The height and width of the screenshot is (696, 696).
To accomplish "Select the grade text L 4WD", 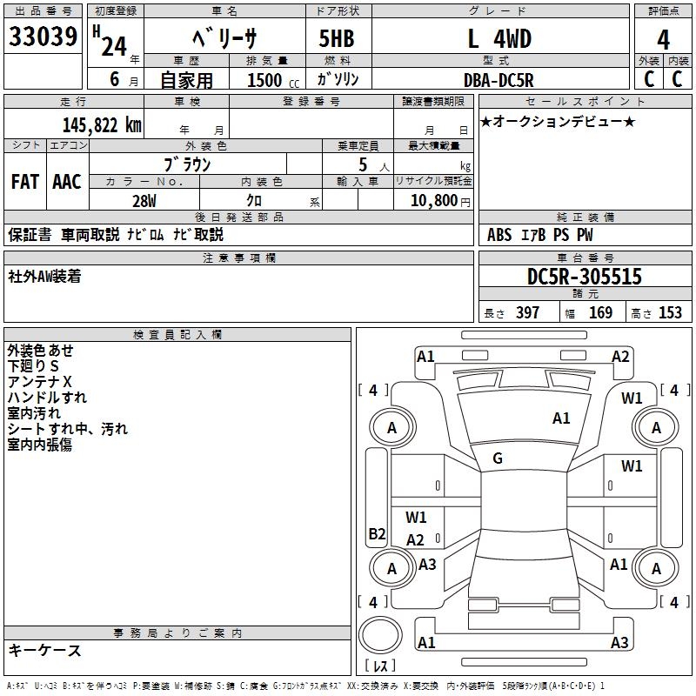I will (499, 39).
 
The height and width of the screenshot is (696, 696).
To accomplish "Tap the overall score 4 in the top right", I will (664, 40).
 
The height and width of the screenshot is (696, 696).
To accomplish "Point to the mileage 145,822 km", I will (102, 125).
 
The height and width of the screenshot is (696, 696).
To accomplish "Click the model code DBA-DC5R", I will (498, 79).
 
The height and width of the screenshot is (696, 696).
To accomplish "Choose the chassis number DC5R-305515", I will (585, 277).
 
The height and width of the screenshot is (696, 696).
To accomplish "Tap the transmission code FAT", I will (25, 182).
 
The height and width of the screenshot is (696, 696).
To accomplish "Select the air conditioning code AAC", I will (67, 182).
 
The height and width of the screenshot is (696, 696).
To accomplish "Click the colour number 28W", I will (144, 200).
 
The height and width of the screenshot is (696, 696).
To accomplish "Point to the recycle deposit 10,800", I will (432, 200).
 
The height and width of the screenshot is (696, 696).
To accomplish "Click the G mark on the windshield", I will (498, 458).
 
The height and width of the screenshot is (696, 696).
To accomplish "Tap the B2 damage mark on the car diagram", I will (377, 533).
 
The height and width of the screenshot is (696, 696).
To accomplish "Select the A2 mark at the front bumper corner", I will (620, 356).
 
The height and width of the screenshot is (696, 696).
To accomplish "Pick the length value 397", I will (527, 313).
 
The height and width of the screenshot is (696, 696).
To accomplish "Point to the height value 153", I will (670, 313).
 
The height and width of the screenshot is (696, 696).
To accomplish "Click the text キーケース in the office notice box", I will (45, 650).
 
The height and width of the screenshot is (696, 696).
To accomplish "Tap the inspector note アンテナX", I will (40, 382).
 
